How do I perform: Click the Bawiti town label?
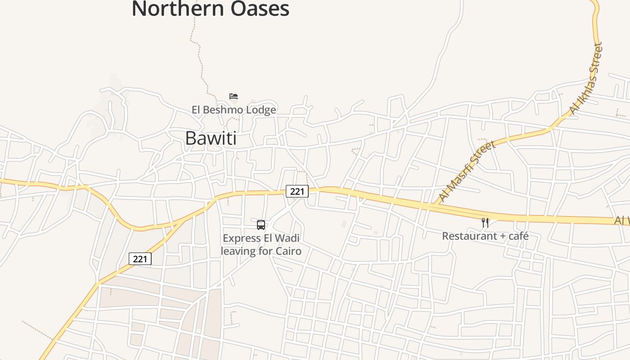coord(211,138)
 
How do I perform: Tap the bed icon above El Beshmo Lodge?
coord(233,96)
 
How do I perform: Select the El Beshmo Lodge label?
coord(234,109)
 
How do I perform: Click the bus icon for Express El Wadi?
coord(261,225)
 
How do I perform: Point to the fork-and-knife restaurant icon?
coord(485,222)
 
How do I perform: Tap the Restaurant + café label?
coord(485,236)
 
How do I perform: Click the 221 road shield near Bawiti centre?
coord(297,191)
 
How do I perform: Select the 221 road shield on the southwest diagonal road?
coord(140,259)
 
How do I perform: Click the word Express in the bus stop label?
coord(242,238)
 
